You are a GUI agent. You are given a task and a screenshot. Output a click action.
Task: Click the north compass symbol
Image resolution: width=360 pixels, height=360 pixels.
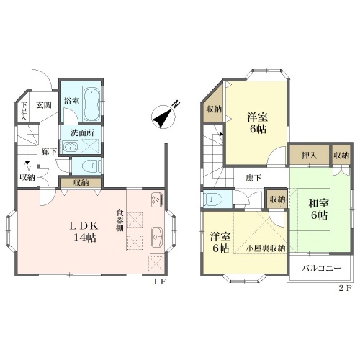(x=163, y=117)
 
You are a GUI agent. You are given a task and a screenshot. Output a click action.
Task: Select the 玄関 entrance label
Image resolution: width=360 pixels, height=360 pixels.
(x=44, y=105)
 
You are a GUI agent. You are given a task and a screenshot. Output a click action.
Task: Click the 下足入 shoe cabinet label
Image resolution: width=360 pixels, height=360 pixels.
(x=24, y=111)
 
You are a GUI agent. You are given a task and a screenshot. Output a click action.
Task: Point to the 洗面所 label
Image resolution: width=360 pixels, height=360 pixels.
(x=82, y=132)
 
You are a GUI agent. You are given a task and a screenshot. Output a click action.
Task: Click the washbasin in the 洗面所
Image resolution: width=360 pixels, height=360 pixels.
(x=70, y=146)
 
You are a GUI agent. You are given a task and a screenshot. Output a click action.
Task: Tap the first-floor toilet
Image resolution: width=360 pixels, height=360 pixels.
(x=91, y=166)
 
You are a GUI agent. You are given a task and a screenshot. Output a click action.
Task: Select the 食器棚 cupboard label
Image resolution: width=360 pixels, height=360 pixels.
(x=120, y=220)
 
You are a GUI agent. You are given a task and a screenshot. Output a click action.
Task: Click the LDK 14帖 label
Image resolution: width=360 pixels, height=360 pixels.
(x=84, y=231)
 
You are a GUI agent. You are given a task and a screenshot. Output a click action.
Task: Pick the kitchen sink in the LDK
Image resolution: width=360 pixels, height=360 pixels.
(x=157, y=237)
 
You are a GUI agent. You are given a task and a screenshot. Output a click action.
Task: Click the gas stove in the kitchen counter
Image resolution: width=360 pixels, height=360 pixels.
(x=157, y=200)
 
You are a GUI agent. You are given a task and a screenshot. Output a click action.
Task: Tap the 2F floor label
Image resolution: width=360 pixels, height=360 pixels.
(x=345, y=287)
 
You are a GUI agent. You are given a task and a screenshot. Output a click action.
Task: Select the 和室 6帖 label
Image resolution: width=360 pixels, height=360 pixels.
(x=319, y=210)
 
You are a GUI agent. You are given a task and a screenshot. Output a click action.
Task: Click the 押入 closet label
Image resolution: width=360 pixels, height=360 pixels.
(x=309, y=156)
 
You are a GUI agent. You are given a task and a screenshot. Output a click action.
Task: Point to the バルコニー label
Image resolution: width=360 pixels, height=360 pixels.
(x=321, y=268)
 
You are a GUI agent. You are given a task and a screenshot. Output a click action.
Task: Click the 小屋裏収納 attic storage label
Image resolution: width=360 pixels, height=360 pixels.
(x=266, y=248)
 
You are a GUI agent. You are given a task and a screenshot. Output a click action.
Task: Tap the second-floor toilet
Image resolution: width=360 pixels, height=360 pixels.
(x=212, y=199)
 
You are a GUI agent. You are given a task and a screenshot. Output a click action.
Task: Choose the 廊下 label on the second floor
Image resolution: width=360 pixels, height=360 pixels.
(x=253, y=178)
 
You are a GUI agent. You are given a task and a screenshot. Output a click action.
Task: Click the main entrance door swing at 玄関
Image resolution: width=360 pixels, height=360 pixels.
(x=41, y=80)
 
